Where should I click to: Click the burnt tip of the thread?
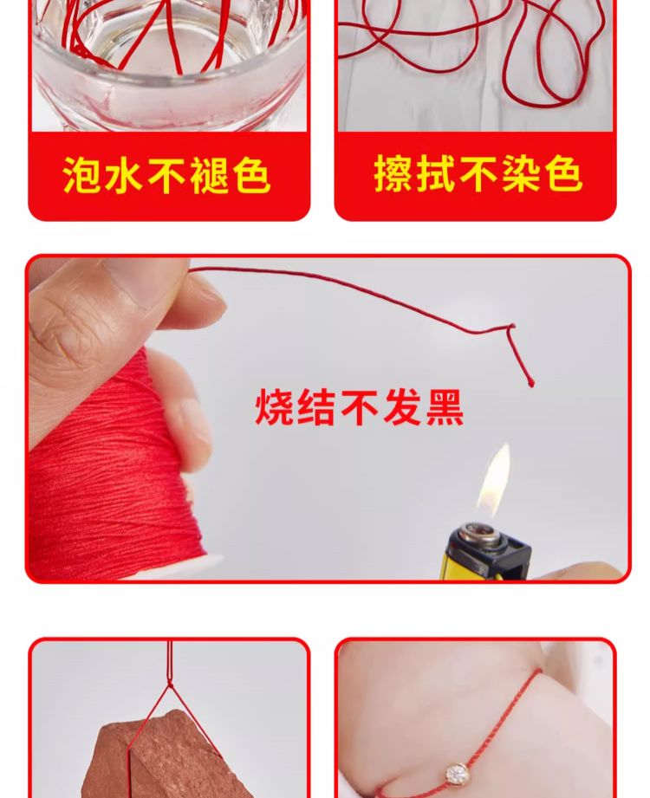coord(531,382)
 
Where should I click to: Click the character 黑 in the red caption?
coord(445,407)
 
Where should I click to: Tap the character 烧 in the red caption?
coord(275,407)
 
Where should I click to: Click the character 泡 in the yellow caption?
coord(83,174)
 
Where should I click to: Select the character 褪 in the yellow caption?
coord(210,174)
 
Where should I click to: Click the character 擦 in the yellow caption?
coord(394,173)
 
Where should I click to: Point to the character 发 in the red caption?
coord(402,407)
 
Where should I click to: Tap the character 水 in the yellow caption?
coord(125,174)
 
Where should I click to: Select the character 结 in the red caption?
coord(317,407)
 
